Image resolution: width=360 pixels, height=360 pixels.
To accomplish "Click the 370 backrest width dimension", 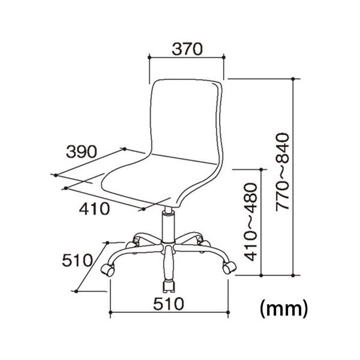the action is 187,49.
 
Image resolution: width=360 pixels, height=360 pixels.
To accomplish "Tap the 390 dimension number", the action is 82,152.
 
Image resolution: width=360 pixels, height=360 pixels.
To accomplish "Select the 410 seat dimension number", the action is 94,209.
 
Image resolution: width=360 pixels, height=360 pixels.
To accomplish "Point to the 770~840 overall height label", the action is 282,172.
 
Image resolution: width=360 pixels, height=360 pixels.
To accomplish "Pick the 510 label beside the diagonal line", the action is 77,260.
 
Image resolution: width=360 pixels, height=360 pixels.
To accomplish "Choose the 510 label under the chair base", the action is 169,304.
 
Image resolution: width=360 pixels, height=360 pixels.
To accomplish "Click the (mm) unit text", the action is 284,309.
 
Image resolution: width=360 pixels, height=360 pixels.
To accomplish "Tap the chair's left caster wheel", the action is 107,269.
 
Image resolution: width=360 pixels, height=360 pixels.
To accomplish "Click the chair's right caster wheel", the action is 229,268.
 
